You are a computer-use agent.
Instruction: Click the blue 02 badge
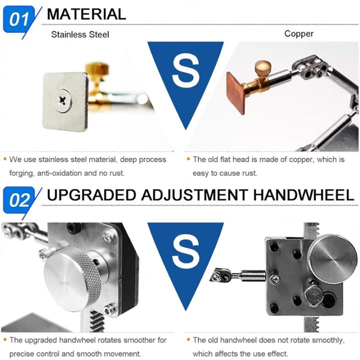(20, 200)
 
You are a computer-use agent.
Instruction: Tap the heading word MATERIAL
(86, 14)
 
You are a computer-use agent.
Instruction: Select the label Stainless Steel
(80, 34)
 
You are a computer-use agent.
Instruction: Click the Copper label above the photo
(299, 34)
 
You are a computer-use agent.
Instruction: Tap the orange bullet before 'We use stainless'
(4, 159)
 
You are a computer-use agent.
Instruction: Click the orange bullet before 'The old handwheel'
(188, 340)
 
